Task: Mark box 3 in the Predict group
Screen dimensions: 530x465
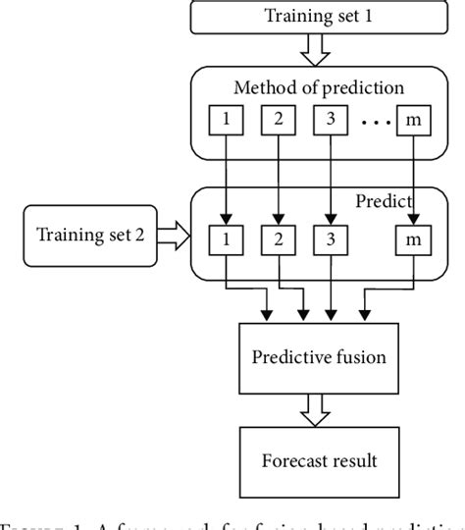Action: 329,238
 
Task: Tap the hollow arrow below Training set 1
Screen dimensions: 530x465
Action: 311,48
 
